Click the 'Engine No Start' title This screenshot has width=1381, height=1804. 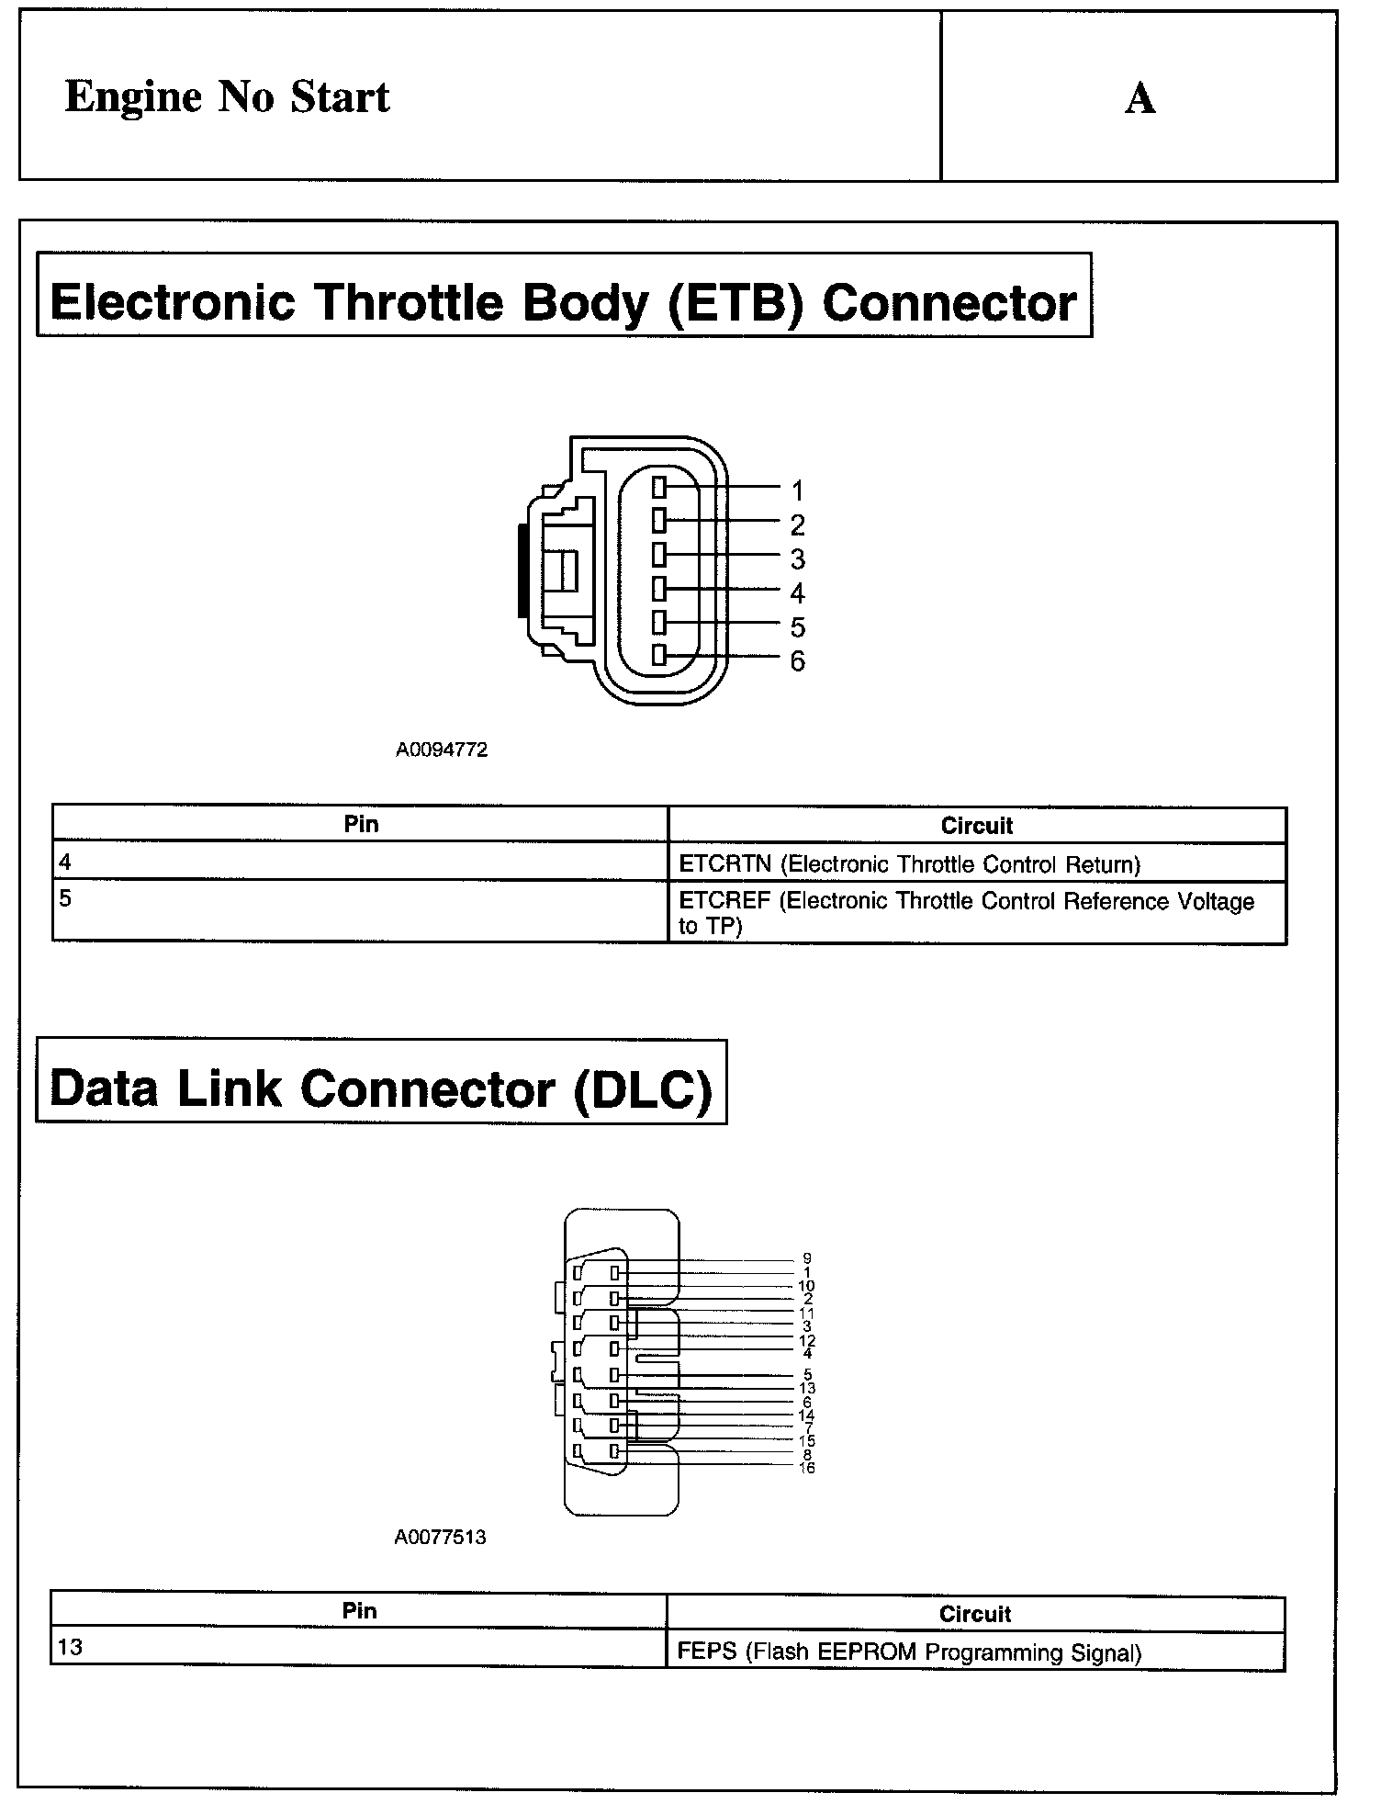pyautogui.click(x=227, y=97)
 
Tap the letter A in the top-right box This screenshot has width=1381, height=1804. pyautogui.click(x=1140, y=98)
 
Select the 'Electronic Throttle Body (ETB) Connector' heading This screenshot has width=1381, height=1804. pyautogui.click(x=563, y=302)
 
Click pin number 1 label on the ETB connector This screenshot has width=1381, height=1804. pyautogui.click(x=797, y=490)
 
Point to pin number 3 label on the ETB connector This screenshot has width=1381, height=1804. pyautogui.click(x=797, y=558)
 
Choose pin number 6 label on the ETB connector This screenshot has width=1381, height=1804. pyautogui.click(x=797, y=661)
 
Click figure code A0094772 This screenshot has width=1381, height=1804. pyautogui.click(x=442, y=750)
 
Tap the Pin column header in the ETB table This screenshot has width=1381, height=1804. pyautogui.click(x=361, y=824)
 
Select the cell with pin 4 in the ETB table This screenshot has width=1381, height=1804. pyautogui.click(x=360, y=863)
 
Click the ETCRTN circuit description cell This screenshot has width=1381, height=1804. pyautogui.click(x=977, y=864)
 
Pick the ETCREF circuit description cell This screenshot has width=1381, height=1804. pyautogui.click(x=977, y=913)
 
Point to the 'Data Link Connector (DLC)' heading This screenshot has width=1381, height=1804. pyautogui.click(x=381, y=1088)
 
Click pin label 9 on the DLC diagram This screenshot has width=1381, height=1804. pyautogui.click(x=807, y=1258)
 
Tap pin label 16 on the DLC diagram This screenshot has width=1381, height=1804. pyautogui.click(x=807, y=1468)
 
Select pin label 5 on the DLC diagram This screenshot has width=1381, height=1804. pyautogui.click(x=807, y=1375)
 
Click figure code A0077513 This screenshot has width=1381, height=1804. pyautogui.click(x=440, y=1537)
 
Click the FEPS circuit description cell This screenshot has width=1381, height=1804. pyautogui.click(x=975, y=1652)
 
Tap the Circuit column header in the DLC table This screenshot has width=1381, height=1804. pyautogui.click(x=975, y=1614)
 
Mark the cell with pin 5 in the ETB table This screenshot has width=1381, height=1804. pyautogui.click(x=360, y=911)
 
